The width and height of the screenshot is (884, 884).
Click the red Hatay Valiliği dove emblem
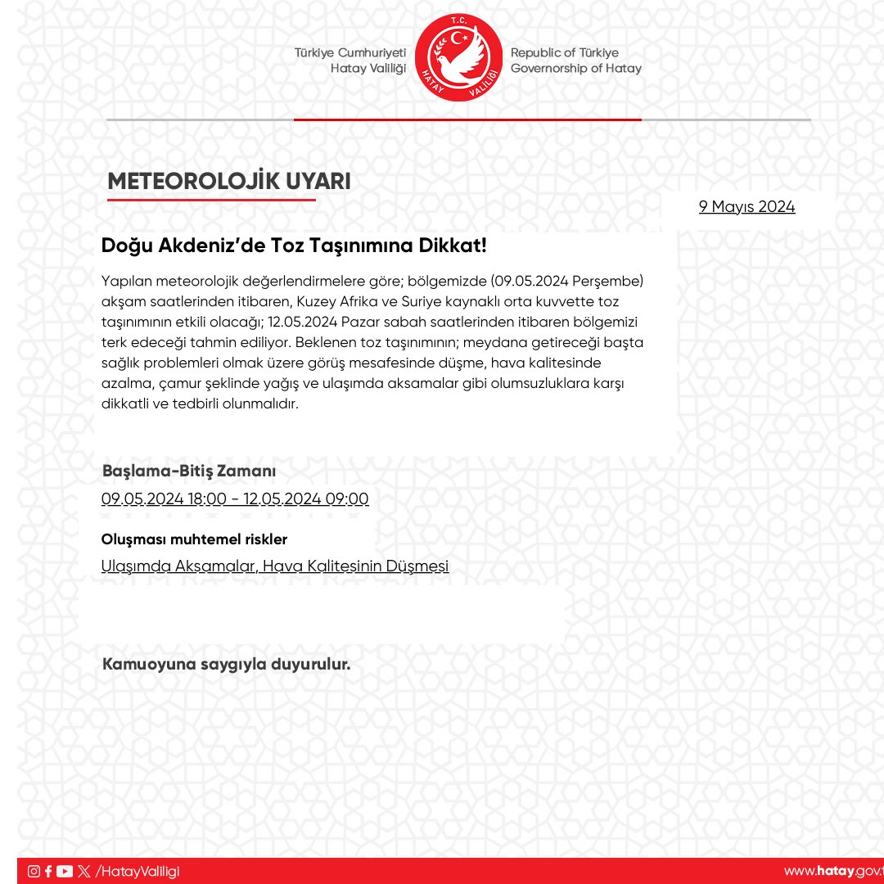pyautogui.click(x=458, y=58)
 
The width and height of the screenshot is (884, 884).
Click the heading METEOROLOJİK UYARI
pyautogui.click(x=229, y=182)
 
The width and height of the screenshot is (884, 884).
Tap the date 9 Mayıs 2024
pyautogui.click(x=746, y=207)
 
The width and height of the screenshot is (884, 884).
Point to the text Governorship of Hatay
pyautogui.click(x=576, y=69)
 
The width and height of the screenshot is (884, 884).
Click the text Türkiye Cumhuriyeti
pyautogui.click(x=350, y=52)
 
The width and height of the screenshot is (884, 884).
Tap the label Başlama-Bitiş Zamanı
pyautogui.click(x=189, y=471)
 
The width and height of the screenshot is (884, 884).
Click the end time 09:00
pyautogui.click(x=347, y=499)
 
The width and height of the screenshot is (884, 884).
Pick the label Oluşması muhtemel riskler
pyautogui.click(x=194, y=539)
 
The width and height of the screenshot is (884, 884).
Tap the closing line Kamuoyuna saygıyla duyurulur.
pyautogui.click(x=226, y=665)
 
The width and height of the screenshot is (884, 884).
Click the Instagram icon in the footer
pyautogui.click(x=34, y=872)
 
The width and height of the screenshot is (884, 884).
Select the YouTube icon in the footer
pyautogui.click(x=65, y=872)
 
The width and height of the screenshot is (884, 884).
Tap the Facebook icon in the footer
pyautogui.click(x=48, y=872)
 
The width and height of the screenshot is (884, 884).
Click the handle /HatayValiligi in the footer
pyautogui.click(x=138, y=872)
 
